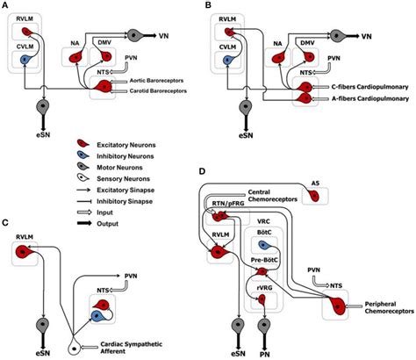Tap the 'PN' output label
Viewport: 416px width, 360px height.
262,349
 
